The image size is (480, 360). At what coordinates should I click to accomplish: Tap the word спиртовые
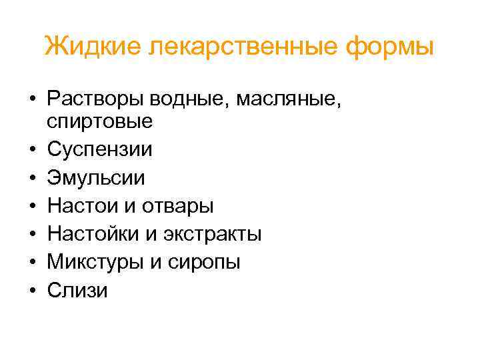point(100,121)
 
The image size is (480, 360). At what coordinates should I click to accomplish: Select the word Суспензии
point(100,149)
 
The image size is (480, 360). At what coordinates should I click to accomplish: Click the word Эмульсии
point(96,178)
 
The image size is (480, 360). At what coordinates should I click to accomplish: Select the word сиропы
point(201,262)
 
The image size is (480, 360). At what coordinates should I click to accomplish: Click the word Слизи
point(77,291)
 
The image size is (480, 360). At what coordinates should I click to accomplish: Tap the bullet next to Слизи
point(32,291)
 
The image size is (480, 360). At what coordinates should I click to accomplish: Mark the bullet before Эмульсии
point(32,179)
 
